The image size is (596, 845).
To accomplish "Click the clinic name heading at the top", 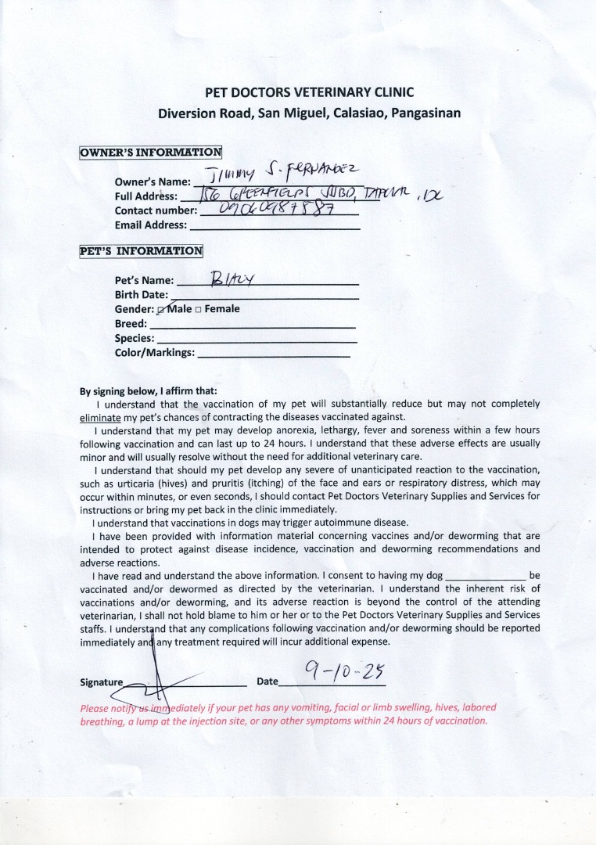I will (x=309, y=92).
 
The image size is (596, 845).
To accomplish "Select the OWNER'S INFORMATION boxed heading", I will (x=150, y=153).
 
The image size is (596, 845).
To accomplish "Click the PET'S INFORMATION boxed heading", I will (x=141, y=251).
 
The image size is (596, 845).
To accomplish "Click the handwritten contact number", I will (x=266, y=210).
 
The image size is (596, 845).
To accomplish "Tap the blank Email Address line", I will (x=275, y=226).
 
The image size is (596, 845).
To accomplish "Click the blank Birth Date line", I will (x=264, y=296).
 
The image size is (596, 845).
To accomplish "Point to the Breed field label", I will (x=131, y=324).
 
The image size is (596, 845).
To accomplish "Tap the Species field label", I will (x=135, y=339).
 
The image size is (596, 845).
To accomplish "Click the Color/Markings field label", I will (x=155, y=354).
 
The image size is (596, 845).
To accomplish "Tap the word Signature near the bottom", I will (x=102, y=682).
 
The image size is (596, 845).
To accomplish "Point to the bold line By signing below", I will (x=148, y=391).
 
